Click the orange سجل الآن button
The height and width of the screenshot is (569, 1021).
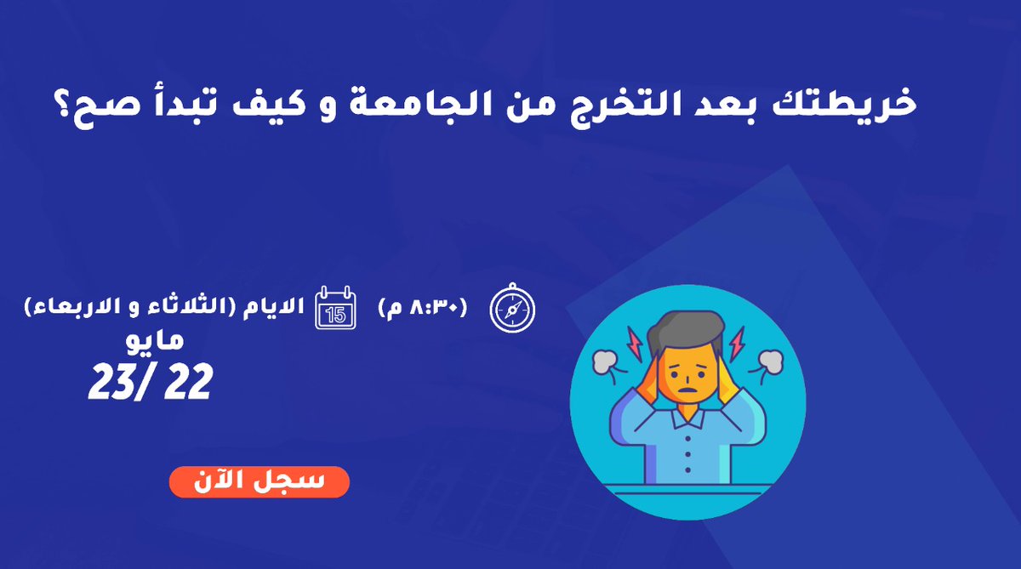click(x=259, y=481)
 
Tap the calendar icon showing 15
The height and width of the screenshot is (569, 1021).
click(x=336, y=306)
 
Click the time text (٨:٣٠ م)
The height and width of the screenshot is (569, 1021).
click(x=422, y=308)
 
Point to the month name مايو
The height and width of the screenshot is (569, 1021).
click(x=158, y=339)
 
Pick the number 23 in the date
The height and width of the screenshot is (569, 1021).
click(x=111, y=384)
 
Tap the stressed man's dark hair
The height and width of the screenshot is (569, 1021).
click(x=686, y=332)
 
